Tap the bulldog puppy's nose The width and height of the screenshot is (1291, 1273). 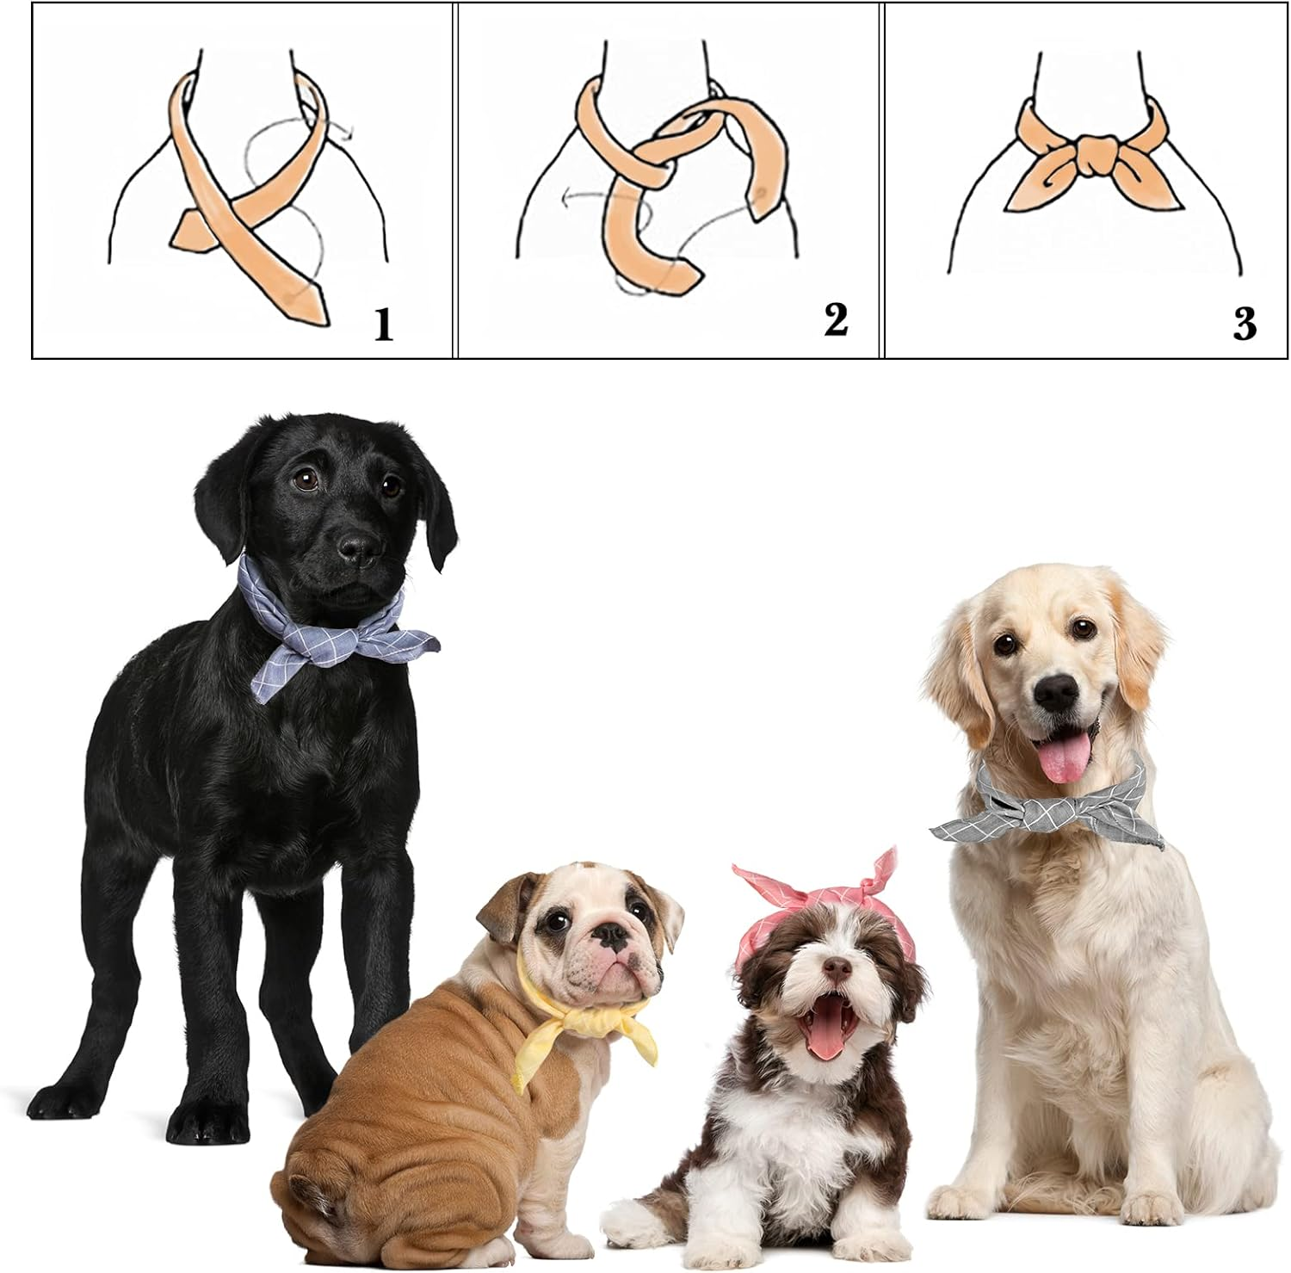coord(613,938)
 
